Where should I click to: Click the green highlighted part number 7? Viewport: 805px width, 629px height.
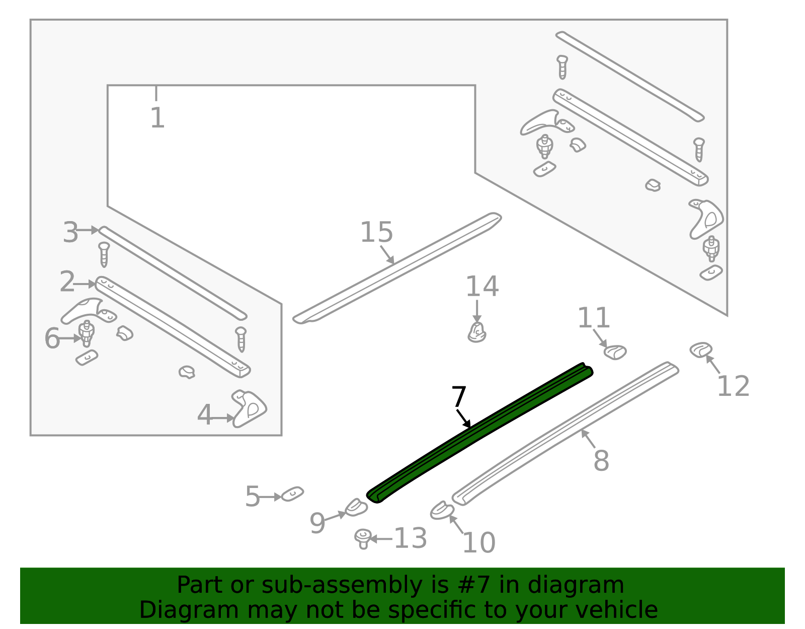click(480, 433)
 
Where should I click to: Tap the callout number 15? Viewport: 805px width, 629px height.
click(376, 232)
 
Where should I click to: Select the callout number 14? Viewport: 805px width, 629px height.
click(482, 286)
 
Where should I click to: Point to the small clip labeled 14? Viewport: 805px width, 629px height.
click(477, 332)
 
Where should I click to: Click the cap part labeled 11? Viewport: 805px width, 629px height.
click(615, 352)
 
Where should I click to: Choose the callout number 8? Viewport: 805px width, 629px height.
click(601, 460)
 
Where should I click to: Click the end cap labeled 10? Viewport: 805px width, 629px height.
click(442, 511)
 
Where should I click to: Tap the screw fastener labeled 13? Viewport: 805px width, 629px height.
click(363, 539)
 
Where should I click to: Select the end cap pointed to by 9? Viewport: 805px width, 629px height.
click(356, 508)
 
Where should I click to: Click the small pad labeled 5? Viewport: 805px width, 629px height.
click(292, 494)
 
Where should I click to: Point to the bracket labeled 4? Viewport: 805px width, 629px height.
click(249, 408)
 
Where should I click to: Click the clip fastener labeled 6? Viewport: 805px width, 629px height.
click(87, 333)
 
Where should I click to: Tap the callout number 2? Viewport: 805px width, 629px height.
click(67, 282)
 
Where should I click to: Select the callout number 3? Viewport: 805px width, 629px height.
click(70, 232)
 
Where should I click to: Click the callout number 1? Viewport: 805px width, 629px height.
click(157, 118)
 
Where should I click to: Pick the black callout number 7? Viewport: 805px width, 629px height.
click(459, 397)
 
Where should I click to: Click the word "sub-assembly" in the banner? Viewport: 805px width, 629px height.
click(342, 585)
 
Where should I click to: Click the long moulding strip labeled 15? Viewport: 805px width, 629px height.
click(397, 268)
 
